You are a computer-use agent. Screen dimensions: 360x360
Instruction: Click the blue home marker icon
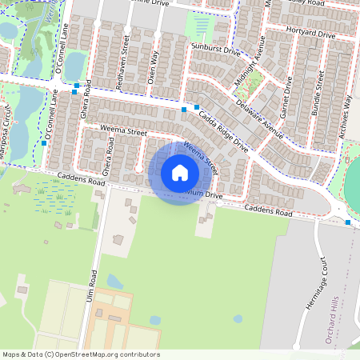pos(180,172)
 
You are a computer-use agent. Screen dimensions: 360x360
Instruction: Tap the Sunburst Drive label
pos(216,50)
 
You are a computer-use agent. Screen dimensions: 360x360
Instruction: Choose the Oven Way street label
pos(155,62)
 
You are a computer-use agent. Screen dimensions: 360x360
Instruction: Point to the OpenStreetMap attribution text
pos(80,354)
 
